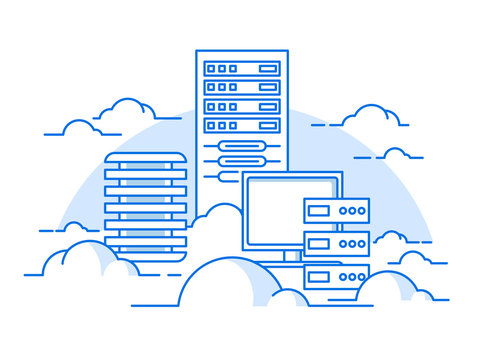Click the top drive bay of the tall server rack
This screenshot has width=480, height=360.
coord(241,69)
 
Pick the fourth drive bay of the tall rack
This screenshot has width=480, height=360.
coord(241,126)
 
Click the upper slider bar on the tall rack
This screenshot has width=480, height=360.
coord(241,147)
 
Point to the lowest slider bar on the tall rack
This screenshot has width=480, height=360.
coord(241,175)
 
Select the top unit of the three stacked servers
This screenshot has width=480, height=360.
coord(336,211)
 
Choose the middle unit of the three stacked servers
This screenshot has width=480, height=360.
coord(336,243)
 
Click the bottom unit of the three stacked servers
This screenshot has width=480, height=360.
coord(336,276)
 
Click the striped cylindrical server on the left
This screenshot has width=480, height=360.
coord(145,205)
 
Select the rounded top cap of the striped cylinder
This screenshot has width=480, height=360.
coord(145,157)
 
